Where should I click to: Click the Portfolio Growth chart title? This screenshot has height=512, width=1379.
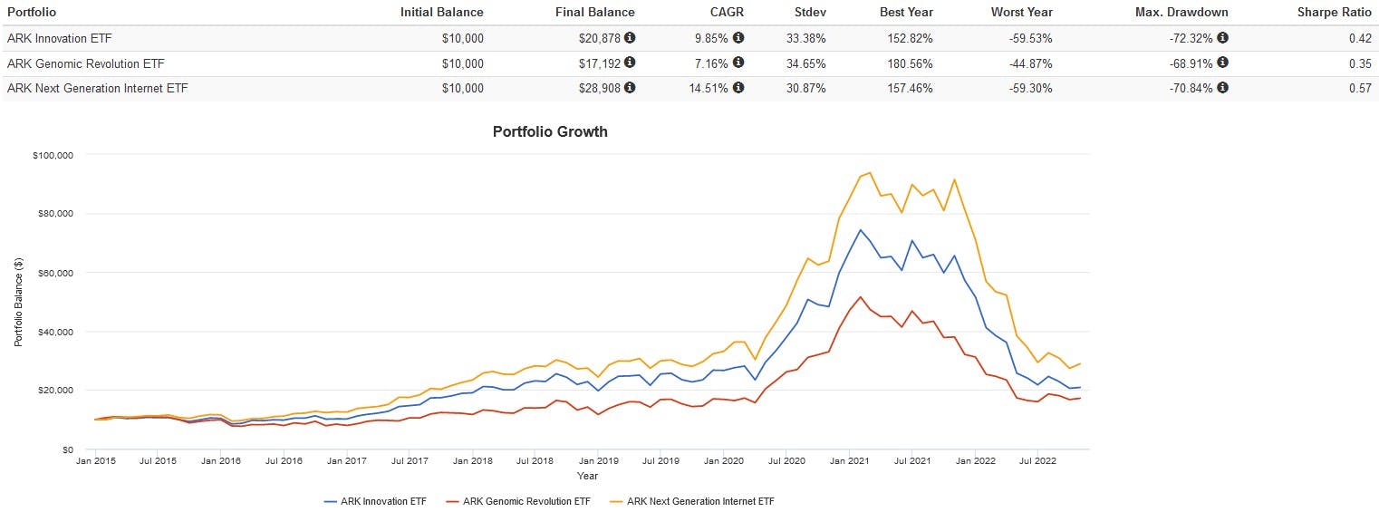[x=550, y=131]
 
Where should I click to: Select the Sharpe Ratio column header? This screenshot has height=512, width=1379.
[x=1335, y=12]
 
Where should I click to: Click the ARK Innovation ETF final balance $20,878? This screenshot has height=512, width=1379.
[x=601, y=38]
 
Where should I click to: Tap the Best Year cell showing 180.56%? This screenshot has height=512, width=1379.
[x=907, y=63]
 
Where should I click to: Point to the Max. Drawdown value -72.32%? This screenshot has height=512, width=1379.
[x=1187, y=38]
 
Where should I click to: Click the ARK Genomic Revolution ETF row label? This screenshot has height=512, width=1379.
[x=86, y=63]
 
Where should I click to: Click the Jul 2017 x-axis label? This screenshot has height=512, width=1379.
[x=410, y=460]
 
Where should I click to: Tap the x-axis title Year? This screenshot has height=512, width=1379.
[x=587, y=476]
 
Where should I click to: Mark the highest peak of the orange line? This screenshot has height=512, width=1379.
[x=870, y=172]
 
